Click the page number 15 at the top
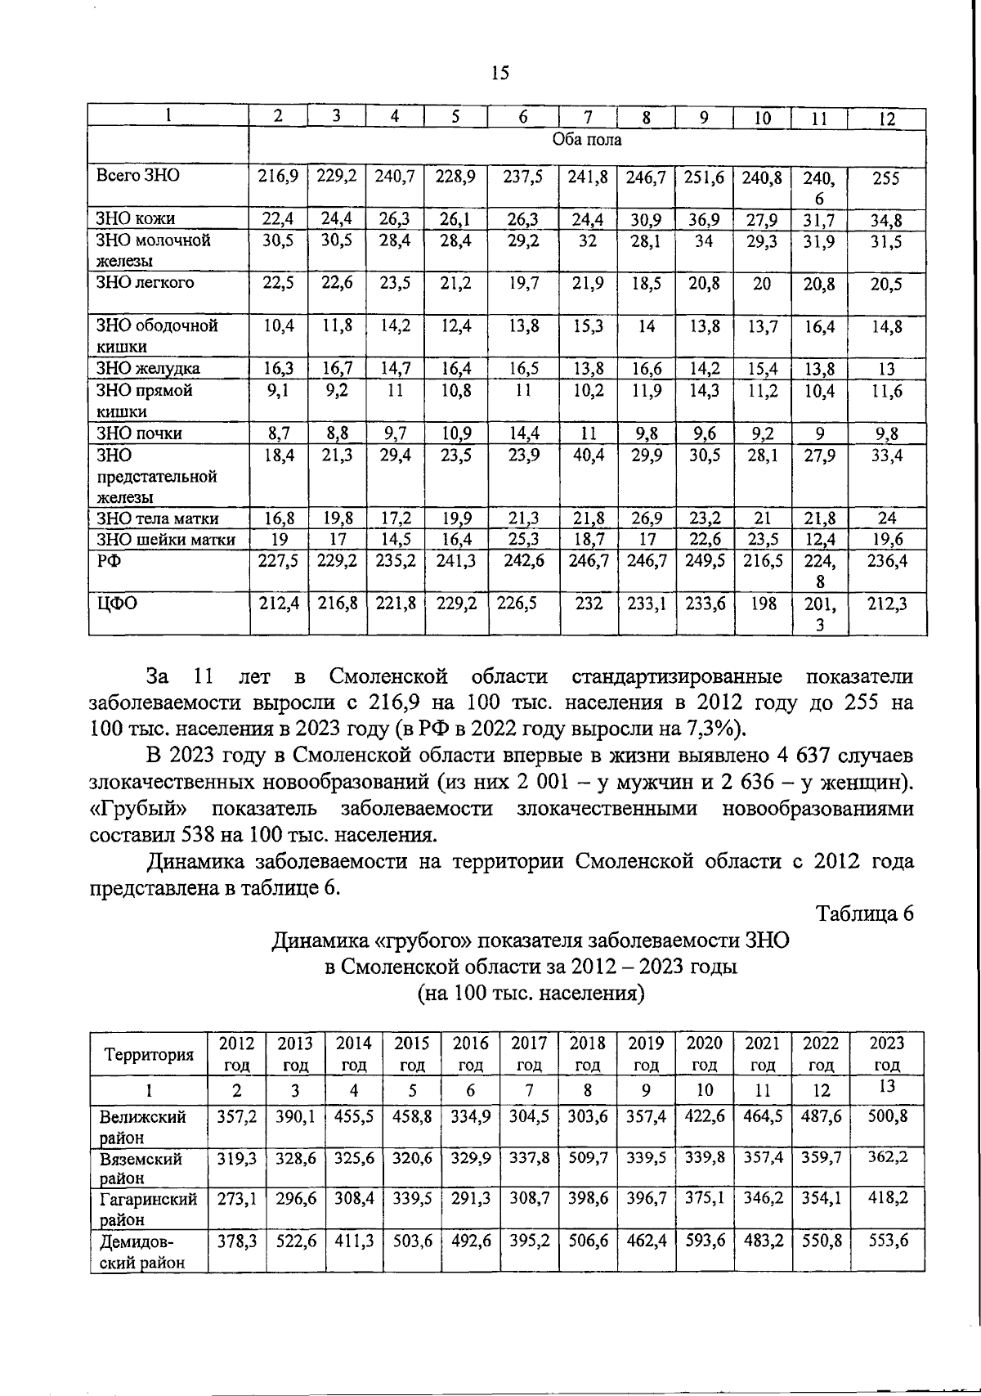pos(500,74)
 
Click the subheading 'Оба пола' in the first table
pos(587,140)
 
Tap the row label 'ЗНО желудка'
pos(148,369)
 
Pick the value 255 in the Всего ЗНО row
pos(886,178)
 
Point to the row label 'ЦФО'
pos(117,604)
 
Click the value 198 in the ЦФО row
pos(762,604)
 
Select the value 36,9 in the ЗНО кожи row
pos(704,219)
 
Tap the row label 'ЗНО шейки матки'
pos(166,540)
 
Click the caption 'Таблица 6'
pos(865,913)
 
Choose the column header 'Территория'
pos(149,1055)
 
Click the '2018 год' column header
pos(588,1053)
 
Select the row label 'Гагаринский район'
pos(148,1209)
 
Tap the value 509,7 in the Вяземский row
pos(588,1157)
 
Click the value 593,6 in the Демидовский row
pos(704,1241)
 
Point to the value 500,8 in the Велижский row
pos(887,1116)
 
